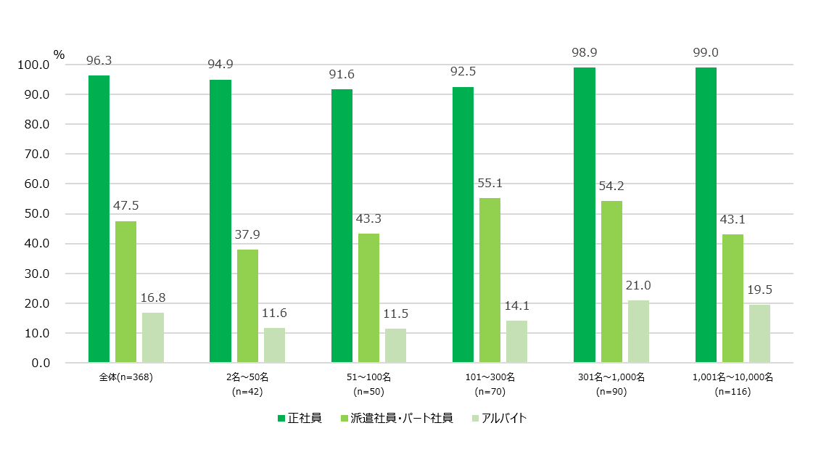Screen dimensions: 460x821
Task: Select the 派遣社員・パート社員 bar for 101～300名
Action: [x=490, y=280]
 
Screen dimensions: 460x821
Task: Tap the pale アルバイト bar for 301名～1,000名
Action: [x=638, y=332]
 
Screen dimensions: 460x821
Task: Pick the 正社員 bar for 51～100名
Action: [x=342, y=226]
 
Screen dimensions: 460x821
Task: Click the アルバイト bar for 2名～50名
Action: [x=274, y=345]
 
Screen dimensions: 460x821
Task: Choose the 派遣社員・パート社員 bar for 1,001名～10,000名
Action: [x=733, y=298]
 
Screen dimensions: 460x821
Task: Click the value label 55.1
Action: [x=490, y=184]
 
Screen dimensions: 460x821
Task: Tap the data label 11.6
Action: [x=274, y=313]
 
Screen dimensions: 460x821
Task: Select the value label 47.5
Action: [x=125, y=206]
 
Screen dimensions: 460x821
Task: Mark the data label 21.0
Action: [x=638, y=285]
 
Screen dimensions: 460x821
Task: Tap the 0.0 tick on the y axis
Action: [x=38, y=363]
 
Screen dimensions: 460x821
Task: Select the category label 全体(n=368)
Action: [x=125, y=377]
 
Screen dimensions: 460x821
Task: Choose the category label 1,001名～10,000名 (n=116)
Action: [x=733, y=384]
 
